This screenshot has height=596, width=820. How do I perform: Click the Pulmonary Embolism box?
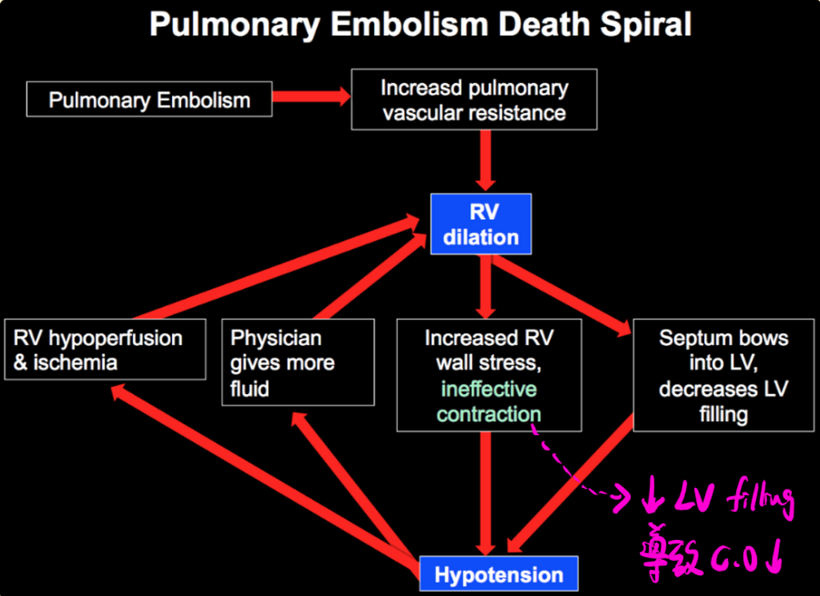[149, 99]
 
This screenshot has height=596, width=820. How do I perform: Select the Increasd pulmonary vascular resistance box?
[474, 99]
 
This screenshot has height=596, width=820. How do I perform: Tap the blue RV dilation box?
[481, 224]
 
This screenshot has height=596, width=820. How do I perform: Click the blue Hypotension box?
[499, 574]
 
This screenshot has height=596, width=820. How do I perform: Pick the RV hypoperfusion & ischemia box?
[104, 349]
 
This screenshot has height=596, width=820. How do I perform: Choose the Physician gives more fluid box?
[297, 362]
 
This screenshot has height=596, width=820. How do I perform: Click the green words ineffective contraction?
[488, 402]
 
